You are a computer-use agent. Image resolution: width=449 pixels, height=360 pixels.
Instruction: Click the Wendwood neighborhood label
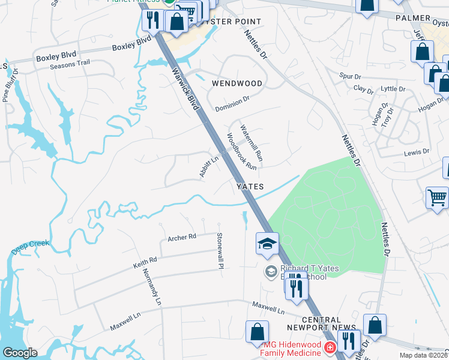coord(237,83)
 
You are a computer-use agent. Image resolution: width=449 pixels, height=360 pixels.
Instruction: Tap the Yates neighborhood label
coord(250,187)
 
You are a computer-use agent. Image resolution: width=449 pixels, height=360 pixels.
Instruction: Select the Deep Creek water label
coord(29,246)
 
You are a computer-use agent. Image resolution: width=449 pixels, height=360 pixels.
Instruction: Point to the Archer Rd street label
coord(182,237)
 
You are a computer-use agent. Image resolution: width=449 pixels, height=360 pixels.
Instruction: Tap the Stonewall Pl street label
coord(220,250)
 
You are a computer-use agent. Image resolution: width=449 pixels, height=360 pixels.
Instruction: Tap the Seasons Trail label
coord(70,63)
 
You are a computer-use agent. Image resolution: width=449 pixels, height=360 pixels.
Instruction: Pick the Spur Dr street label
coord(349,76)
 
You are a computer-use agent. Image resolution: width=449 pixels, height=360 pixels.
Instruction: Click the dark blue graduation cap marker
coord(267,244)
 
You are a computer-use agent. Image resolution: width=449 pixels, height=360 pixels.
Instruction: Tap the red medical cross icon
coord(329,347)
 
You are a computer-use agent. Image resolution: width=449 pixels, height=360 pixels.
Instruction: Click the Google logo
coord(20,353)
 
